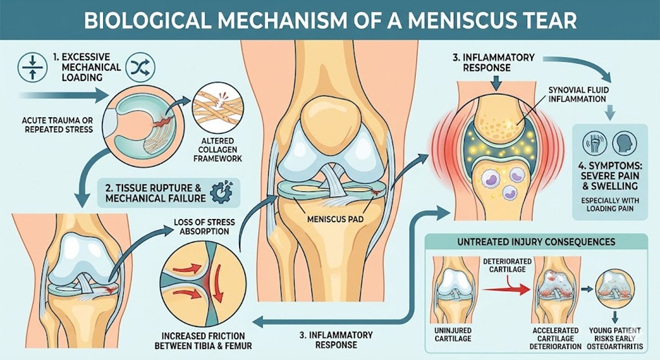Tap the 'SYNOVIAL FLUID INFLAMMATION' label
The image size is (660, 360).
576,95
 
